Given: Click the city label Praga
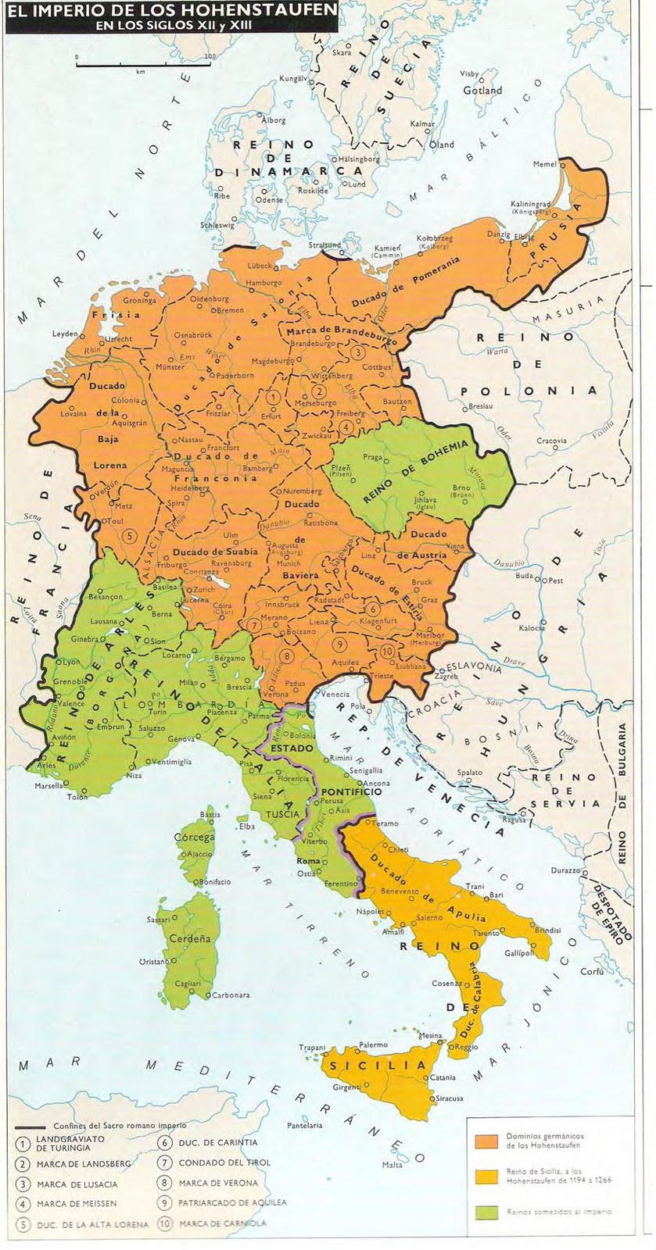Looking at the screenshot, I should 373,456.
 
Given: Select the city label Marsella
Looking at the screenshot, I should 47,786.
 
